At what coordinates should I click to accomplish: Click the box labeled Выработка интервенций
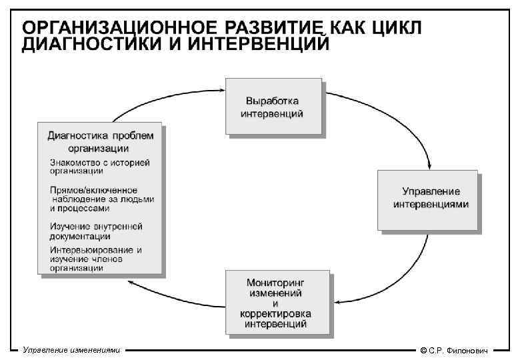[x=274, y=107]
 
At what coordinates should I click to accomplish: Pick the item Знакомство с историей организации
[x=99, y=166]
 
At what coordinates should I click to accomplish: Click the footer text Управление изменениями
[x=71, y=349]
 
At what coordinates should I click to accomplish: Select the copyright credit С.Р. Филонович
[x=459, y=350]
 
